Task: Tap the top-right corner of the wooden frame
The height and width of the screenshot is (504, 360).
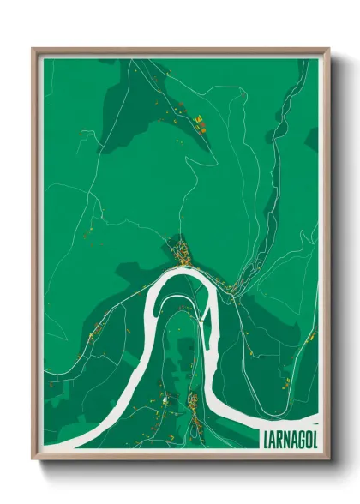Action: point(328,50)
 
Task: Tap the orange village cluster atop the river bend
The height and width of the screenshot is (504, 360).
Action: point(182,252)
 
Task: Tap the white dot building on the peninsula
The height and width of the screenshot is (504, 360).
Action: point(165,399)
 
